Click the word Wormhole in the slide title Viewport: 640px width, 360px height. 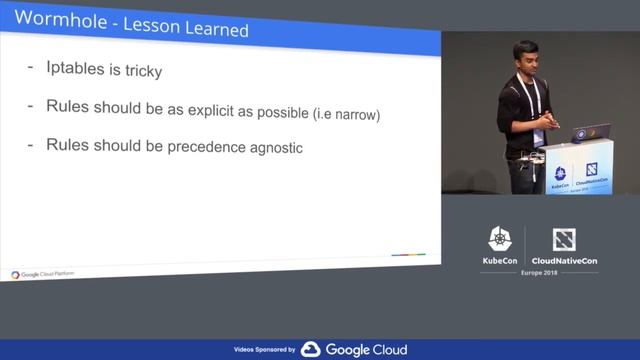click(x=54, y=20)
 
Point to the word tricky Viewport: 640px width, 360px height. click(x=140, y=72)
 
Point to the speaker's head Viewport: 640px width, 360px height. click(x=523, y=56)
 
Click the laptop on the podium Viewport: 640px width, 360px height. click(x=591, y=132)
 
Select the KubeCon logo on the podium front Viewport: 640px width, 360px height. click(x=560, y=175)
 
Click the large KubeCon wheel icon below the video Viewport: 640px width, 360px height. click(x=500, y=239)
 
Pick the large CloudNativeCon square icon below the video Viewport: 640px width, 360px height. click(x=565, y=239)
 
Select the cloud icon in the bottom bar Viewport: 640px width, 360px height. click(x=310, y=350)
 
